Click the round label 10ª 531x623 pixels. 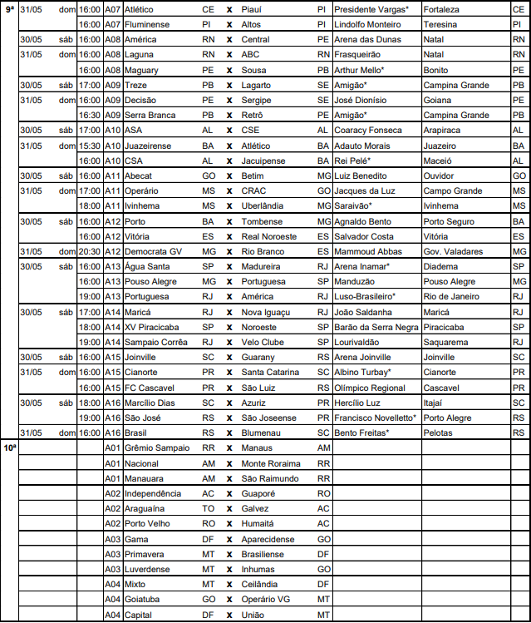tap(9, 447)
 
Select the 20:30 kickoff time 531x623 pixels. tap(89, 251)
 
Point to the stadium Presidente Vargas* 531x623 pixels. tap(371, 9)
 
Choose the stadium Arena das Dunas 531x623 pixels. tap(367, 39)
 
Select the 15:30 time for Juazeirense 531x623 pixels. tap(89, 146)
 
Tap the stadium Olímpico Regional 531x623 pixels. tap(370, 388)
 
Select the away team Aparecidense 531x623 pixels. tap(268, 539)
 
